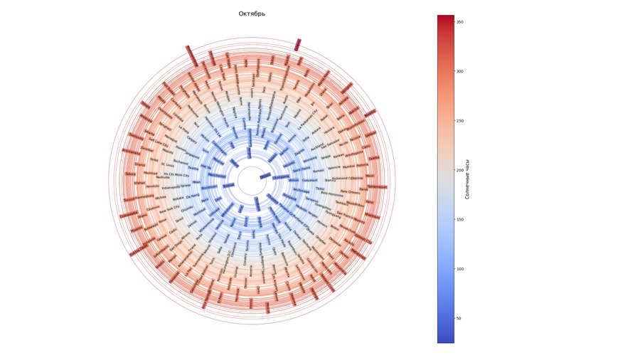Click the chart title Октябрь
click(252, 14)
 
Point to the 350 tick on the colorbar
click(455, 22)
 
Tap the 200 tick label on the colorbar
click(460, 170)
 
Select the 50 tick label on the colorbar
click(459, 318)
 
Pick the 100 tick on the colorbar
click(455, 269)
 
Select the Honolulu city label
click(153, 186)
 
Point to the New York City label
click(169, 211)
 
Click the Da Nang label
click(193, 196)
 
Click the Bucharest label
click(181, 162)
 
